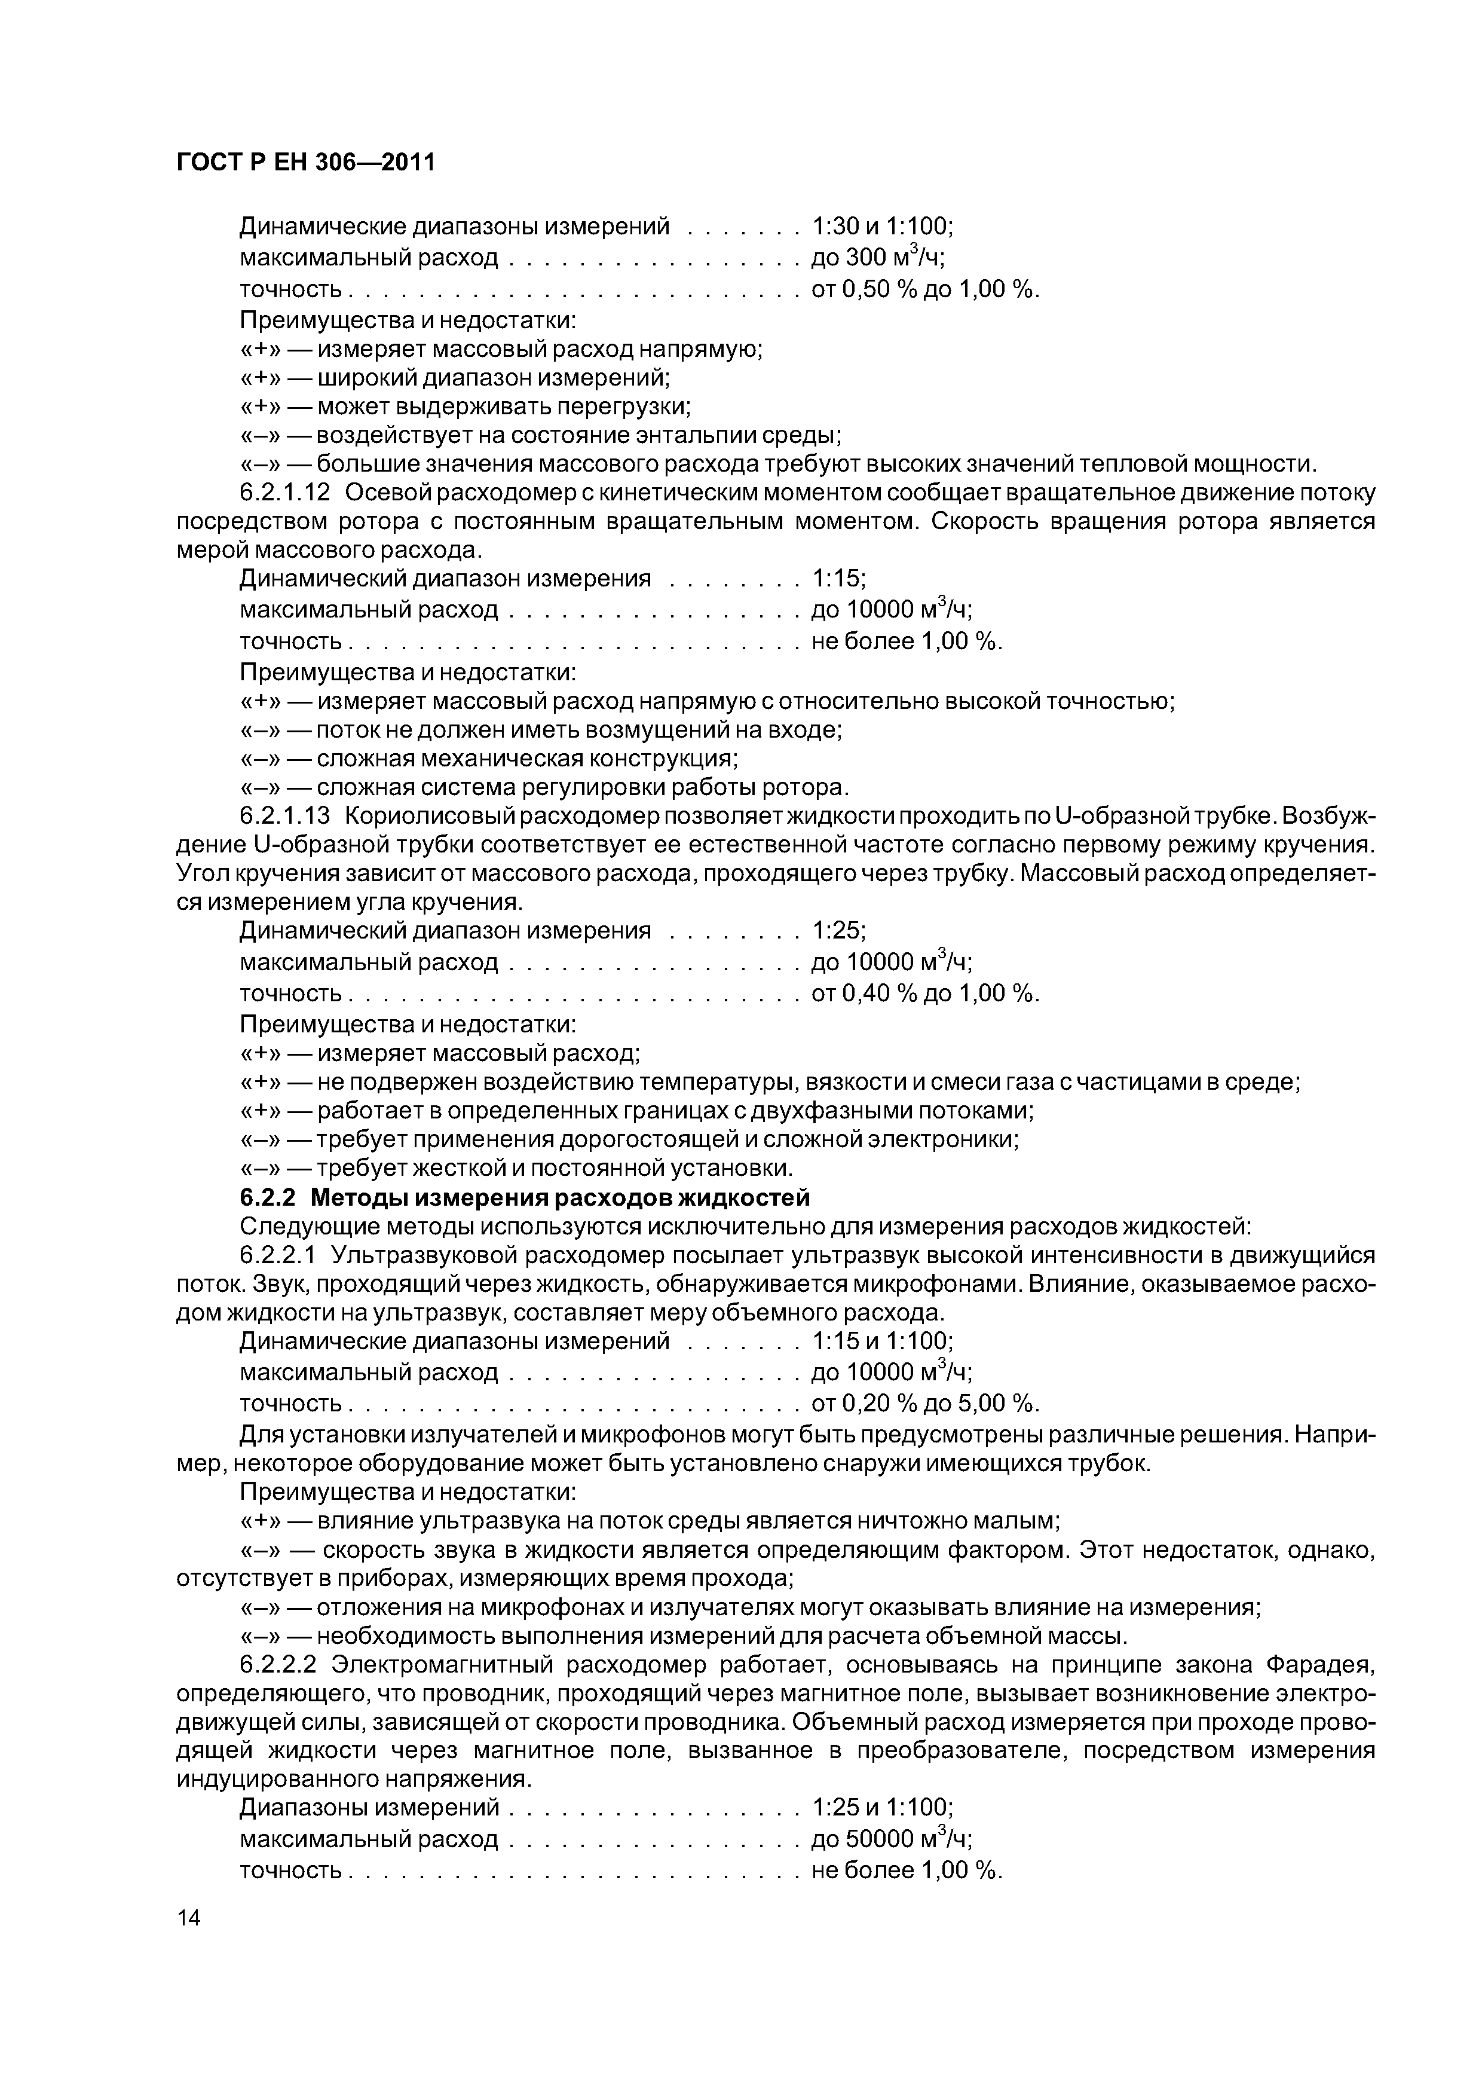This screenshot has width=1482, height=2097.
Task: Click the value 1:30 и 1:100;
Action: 882,225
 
